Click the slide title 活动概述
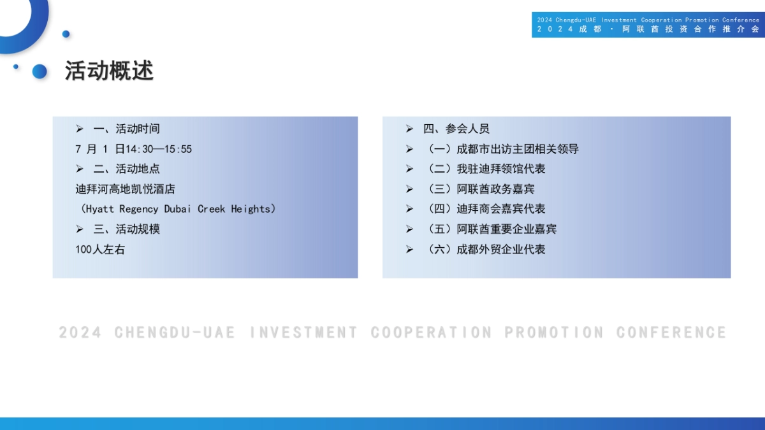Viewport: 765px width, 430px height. coord(109,71)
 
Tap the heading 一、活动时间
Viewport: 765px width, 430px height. coord(126,129)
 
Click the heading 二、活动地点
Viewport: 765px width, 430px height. coord(126,169)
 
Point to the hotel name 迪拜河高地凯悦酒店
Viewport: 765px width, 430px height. coord(125,189)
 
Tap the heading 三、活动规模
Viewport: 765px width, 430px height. coord(126,229)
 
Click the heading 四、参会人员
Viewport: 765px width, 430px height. coord(456,129)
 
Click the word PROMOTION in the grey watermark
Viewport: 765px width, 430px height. coord(553,333)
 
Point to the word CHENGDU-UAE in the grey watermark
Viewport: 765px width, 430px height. coord(175,333)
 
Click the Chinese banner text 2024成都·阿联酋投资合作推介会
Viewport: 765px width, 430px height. coord(648,29)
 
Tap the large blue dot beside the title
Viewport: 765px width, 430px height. coord(40,71)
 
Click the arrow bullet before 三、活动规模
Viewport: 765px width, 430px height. coord(80,229)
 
